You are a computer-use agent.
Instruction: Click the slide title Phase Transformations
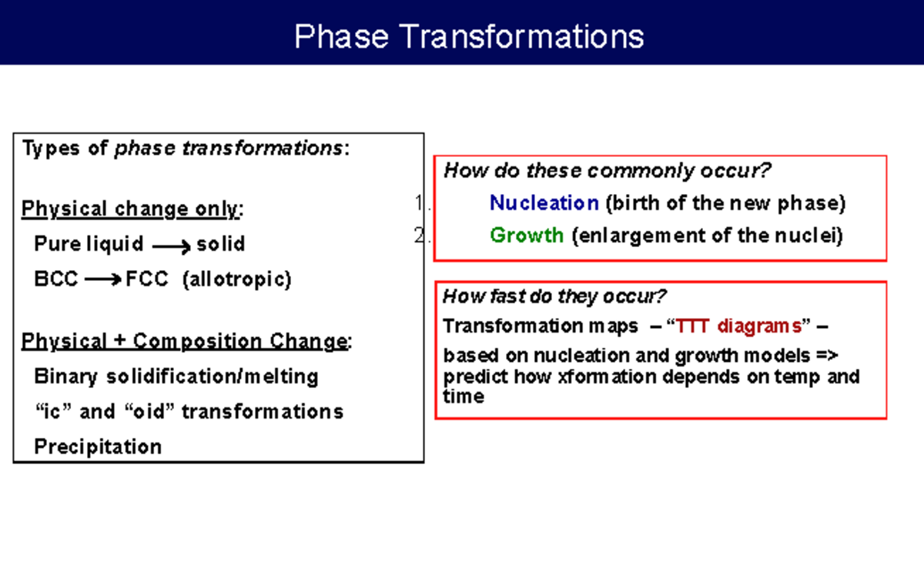pyautogui.click(x=469, y=36)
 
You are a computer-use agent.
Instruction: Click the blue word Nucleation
pyautogui.click(x=544, y=203)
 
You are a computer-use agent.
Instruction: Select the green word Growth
pyautogui.click(x=527, y=235)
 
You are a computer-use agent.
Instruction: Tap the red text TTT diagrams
pyautogui.click(x=739, y=326)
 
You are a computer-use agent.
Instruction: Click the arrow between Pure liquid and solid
pyautogui.click(x=171, y=246)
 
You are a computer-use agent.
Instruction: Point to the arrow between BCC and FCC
pyautogui.click(x=102, y=280)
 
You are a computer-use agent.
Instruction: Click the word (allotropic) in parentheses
pyautogui.click(x=236, y=279)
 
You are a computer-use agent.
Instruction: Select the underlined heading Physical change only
pyautogui.click(x=132, y=209)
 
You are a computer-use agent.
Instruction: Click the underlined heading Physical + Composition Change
pyautogui.click(x=186, y=341)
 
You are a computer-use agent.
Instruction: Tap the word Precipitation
pyautogui.click(x=98, y=446)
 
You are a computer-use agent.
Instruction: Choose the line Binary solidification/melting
pyautogui.click(x=176, y=376)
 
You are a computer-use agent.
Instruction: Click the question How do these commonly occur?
pyautogui.click(x=608, y=170)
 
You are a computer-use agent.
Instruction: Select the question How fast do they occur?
pyautogui.click(x=554, y=296)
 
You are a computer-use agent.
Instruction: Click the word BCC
pyautogui.click(x=56, y=279)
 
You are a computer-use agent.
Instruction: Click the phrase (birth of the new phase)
pyautogui.click(x=725, y=203)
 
